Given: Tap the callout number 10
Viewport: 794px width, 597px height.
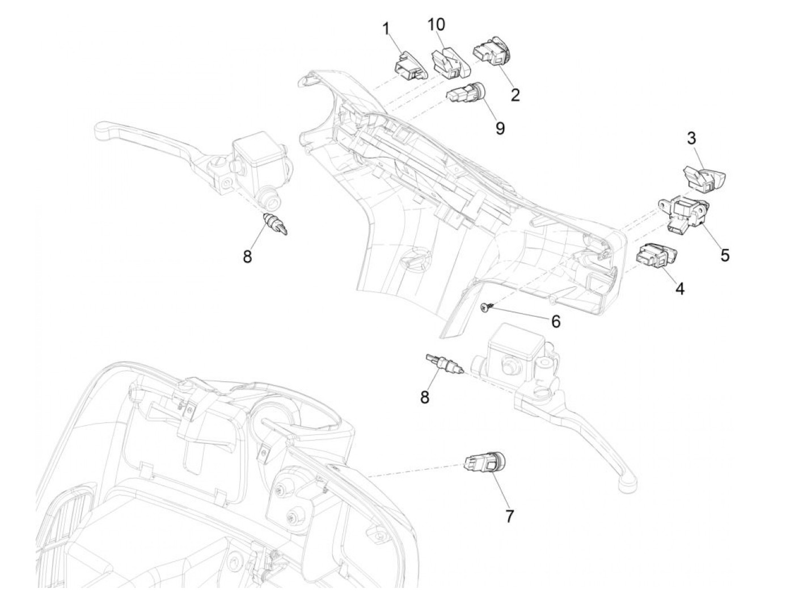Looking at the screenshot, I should click(x=436, y=24).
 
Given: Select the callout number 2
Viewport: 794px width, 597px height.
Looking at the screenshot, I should click(x=515, y=94).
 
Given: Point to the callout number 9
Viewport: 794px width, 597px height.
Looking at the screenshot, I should click(x=500, y=128).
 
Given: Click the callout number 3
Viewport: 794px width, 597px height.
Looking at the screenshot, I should click(x=691, y=138).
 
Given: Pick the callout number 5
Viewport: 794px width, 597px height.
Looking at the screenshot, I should click(x=725, y=255).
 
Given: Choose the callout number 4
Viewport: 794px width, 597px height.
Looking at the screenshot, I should click(x=679, y=289).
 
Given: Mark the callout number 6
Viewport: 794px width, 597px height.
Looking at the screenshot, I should click(x=556, y=322).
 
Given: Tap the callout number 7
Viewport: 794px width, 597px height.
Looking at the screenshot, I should click(x=509, y=516).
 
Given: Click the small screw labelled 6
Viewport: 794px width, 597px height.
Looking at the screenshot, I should click(x=484, y=308).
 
